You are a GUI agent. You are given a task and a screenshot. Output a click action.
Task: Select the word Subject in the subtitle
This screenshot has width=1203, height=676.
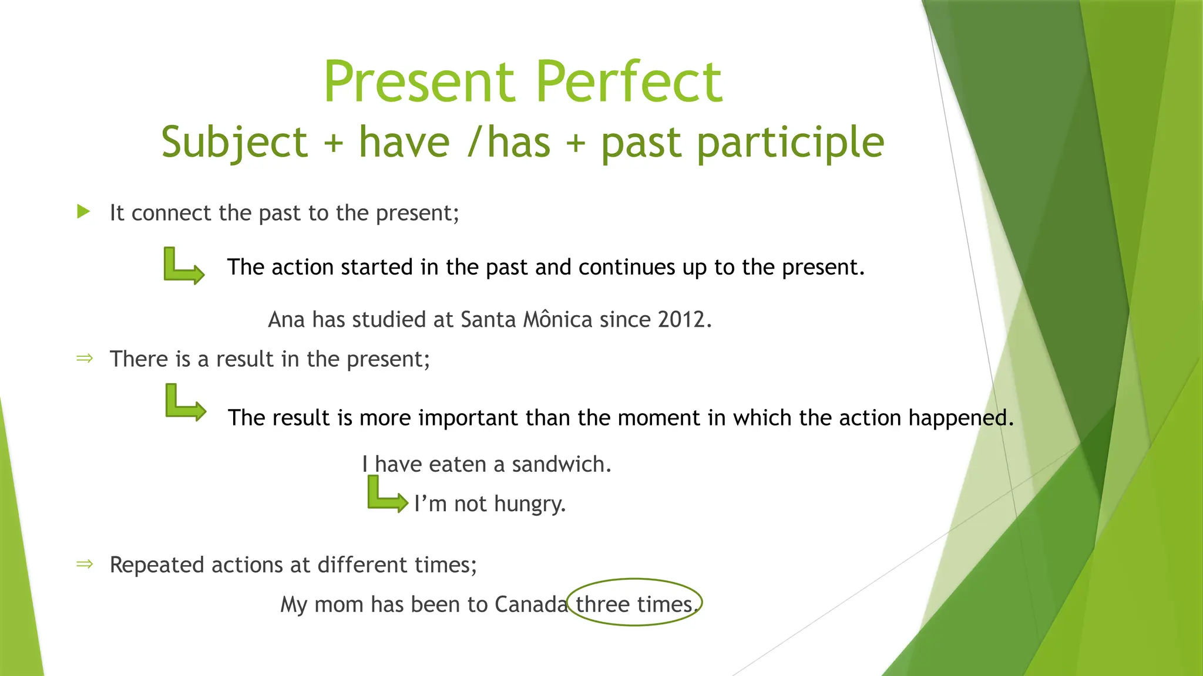point(234,143)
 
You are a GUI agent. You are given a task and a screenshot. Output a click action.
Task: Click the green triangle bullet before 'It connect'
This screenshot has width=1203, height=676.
point(83,212)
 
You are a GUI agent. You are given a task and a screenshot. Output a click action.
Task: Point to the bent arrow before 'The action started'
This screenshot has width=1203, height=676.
point(183,266)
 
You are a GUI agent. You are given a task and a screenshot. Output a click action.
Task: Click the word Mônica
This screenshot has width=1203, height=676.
point(557,320)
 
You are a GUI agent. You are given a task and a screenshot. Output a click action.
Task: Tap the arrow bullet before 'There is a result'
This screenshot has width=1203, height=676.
point(85,358)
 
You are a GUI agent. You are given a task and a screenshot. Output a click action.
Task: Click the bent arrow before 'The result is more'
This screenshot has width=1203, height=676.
point(184,403)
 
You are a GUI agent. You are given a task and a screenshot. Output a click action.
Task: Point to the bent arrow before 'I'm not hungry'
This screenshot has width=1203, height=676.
point(386,496)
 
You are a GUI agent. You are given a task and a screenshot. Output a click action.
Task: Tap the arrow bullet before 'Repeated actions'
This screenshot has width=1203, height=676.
point(85,564)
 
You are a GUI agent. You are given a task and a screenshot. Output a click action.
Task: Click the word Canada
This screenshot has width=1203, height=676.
point(531,604)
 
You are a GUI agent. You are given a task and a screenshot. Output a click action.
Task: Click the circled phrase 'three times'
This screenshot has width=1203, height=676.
point(634,604)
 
